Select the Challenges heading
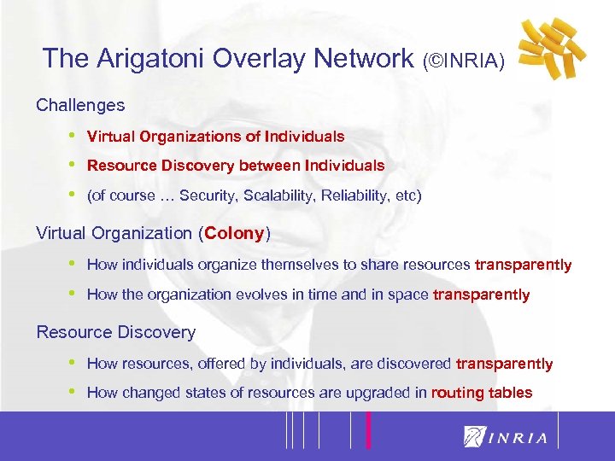coord(80,106)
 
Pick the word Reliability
coord(353,195)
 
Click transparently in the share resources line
coord(523,265)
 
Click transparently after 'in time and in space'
coord(482,295)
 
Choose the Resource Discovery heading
coord(115,332)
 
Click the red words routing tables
coord(482,393)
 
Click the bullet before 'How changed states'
coord(73,393)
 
